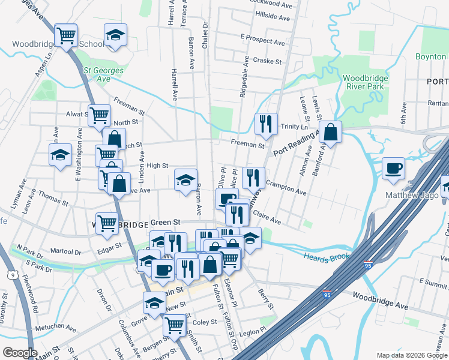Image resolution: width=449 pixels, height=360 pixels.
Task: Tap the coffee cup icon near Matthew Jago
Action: tap(394, 168)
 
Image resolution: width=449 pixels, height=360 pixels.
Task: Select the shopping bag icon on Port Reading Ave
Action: tap(330, 130)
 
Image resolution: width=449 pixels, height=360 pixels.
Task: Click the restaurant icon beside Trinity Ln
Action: tap(265, 123)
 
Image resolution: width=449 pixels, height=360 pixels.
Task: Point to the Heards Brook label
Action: tap(327, 257)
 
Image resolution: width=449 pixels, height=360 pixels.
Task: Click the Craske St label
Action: tap(267, 61)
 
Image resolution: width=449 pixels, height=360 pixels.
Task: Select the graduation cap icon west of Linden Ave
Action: tap(60, 155)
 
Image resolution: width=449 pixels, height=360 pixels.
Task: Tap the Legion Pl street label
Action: tap(252, 330)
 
